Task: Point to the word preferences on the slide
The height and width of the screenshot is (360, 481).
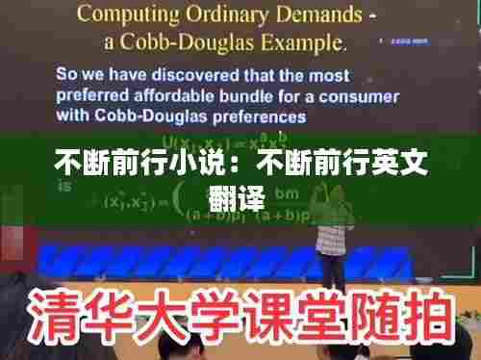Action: pos(253,117)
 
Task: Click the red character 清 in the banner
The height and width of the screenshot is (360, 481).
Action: pos(53,315)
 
